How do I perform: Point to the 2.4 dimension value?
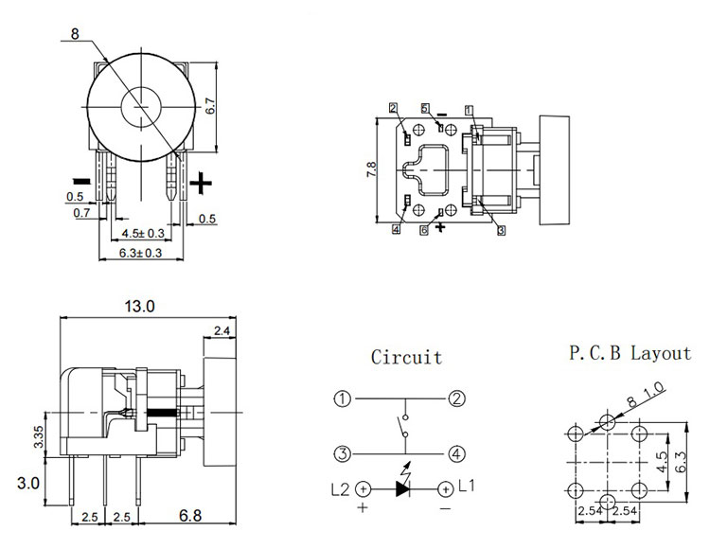point(222,330)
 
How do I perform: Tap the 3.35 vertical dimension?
point(38,438)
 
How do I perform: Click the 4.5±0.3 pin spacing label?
point(142,233)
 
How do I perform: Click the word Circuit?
point(406,358)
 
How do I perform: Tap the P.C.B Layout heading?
point(630,354)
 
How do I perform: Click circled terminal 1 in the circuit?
point(343,398)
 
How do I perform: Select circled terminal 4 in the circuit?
point(457,454)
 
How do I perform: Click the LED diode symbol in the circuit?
point(402,488)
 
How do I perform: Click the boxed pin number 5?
point(425,108)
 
